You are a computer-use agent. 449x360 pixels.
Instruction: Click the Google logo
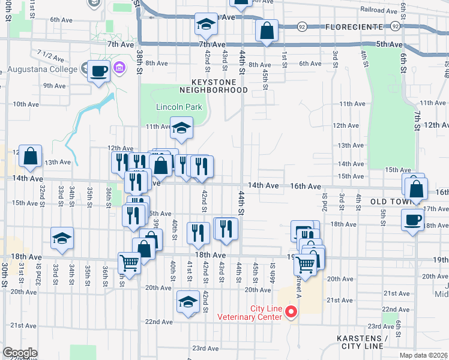tap(20, 353)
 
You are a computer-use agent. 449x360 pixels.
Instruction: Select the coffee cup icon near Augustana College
tap(99, 71)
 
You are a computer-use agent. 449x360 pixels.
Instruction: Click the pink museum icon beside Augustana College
tap(119, 68)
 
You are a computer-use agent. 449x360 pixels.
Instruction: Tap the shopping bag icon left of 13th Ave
tap(30, 157)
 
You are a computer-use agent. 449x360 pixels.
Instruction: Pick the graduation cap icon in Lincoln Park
tap(181, 128)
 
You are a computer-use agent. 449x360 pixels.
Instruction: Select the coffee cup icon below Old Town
tap(412, 220)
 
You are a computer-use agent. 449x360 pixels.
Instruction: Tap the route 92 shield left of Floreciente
tap(302, 27)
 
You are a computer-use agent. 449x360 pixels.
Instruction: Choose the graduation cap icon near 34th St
tap(62, 239)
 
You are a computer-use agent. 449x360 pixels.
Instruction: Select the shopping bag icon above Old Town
tap(415, 188)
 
